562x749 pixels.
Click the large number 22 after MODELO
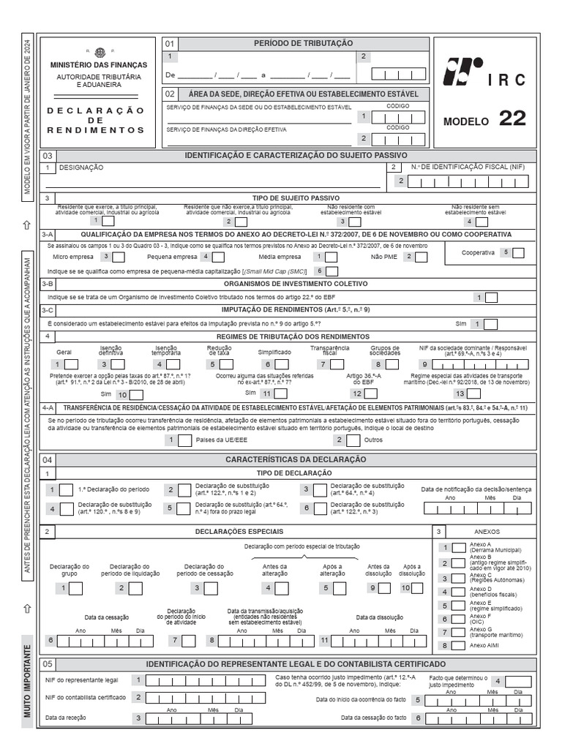tap(512, 118)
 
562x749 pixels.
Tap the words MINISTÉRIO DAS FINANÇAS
tap(98, 65)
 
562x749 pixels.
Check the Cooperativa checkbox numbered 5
tap(518, 252)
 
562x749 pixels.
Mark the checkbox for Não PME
tap(423, 257)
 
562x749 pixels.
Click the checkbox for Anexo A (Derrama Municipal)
tap(459, 547)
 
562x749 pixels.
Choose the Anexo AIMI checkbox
tap(459, 646)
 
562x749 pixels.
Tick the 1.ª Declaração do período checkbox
tap(66, 489)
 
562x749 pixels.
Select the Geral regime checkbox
tap(74, 364)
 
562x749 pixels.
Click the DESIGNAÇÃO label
tap(80, 168)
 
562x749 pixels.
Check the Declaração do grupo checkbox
tap(82, 588)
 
